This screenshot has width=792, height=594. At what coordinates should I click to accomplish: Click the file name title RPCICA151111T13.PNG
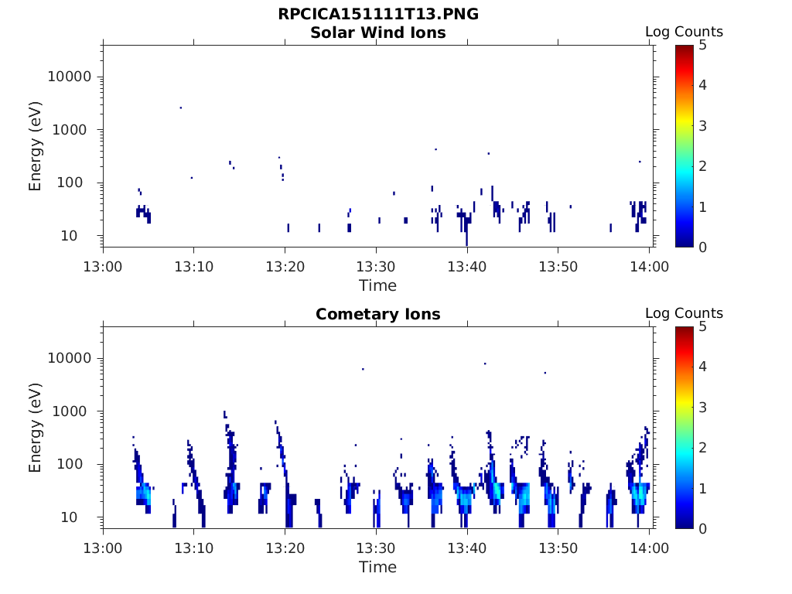pyautogui.click(x=377, y=14)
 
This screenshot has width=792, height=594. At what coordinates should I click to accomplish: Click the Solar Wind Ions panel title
pyautogui.click(x=377, y=32)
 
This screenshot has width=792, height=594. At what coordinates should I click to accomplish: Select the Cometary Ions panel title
pyautogui.click(x=377, y=314)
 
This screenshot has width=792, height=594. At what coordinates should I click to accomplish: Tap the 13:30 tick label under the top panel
pyautogui.click(x=376, y=266)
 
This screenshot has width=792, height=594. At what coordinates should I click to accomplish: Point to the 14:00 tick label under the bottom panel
pyautogui.click(x=649, y=548)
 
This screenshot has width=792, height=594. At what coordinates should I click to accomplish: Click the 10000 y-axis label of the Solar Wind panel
pyautogui.click(x=69, y=77)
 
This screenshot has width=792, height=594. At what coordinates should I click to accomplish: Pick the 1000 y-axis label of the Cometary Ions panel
pyautogui.click(x=73, y=411)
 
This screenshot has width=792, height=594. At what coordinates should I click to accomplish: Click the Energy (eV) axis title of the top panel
pyautogui.click(x=34, y=146)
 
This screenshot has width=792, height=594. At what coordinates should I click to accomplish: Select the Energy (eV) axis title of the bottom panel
pyautogui.click(x=34, y=428)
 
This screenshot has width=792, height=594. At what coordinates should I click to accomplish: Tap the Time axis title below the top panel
pyautogui.click(x=377, y=285)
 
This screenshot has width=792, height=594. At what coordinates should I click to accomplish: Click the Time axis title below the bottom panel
pyautogui.click(x=377, y=567)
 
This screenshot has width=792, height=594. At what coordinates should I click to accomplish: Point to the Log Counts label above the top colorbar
pyautogui.click(x=684, y=32)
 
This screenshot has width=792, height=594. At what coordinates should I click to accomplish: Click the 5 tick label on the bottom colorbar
pyautogui.click(x=702, y=327)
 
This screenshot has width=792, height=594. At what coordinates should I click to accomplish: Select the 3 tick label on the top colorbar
pyautogui.click(x=702, y=126)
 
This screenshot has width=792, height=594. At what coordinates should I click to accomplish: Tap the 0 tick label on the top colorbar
pyautogui.click(x=702, y=247)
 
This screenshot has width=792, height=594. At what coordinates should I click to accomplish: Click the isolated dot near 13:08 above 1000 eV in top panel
pyautogui.click(x=181, y=108)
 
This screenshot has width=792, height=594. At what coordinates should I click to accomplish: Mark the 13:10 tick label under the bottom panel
pyautogui.click(x=194, y=548)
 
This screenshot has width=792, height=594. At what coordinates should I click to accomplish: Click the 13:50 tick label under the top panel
pyautogui.click(x=558, y=266)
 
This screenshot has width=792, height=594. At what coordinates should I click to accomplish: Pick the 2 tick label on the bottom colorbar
pyautogui.click(x=702, y=448)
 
